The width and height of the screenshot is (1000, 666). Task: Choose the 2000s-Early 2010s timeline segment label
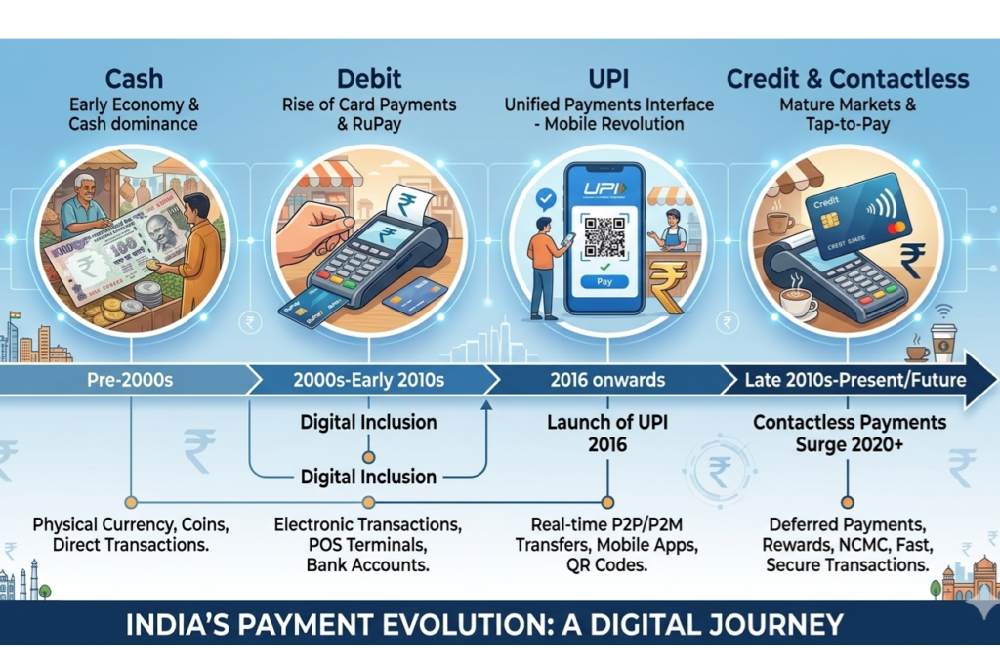tap(368, 379)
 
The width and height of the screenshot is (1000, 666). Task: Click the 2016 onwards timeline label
tap(606, 379)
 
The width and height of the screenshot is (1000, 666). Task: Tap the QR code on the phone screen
tap(604, 235)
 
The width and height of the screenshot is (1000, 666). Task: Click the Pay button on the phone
tap(604, 281)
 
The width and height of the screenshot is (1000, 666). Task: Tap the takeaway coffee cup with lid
tap(942, 341)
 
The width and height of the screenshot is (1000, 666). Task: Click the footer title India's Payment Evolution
tap(484, 624)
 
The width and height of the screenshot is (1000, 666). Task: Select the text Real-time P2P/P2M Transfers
tap(607, 535)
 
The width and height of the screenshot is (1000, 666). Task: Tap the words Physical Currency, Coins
tap(130, 525)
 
